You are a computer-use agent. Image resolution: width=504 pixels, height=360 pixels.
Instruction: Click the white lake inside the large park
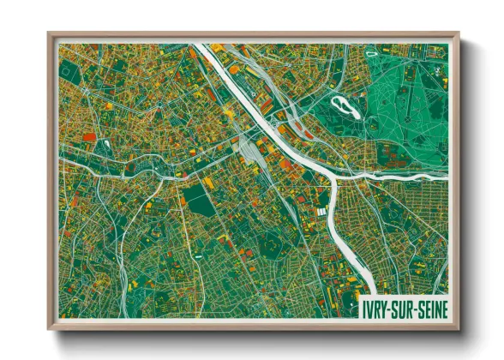click(x=344, y=106)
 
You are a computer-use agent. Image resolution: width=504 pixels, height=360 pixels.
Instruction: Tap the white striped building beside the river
click(x=322, y=212)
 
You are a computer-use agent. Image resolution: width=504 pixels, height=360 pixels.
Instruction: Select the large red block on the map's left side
click(x=89, y=135)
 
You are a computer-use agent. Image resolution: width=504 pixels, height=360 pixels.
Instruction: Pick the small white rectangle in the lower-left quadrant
click(x=199, y=256)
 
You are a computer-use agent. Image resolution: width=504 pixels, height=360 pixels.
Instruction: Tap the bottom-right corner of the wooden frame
click(x=459, y=330)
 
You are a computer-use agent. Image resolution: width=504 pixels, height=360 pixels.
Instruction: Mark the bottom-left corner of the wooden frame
click(x=49, y=330)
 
